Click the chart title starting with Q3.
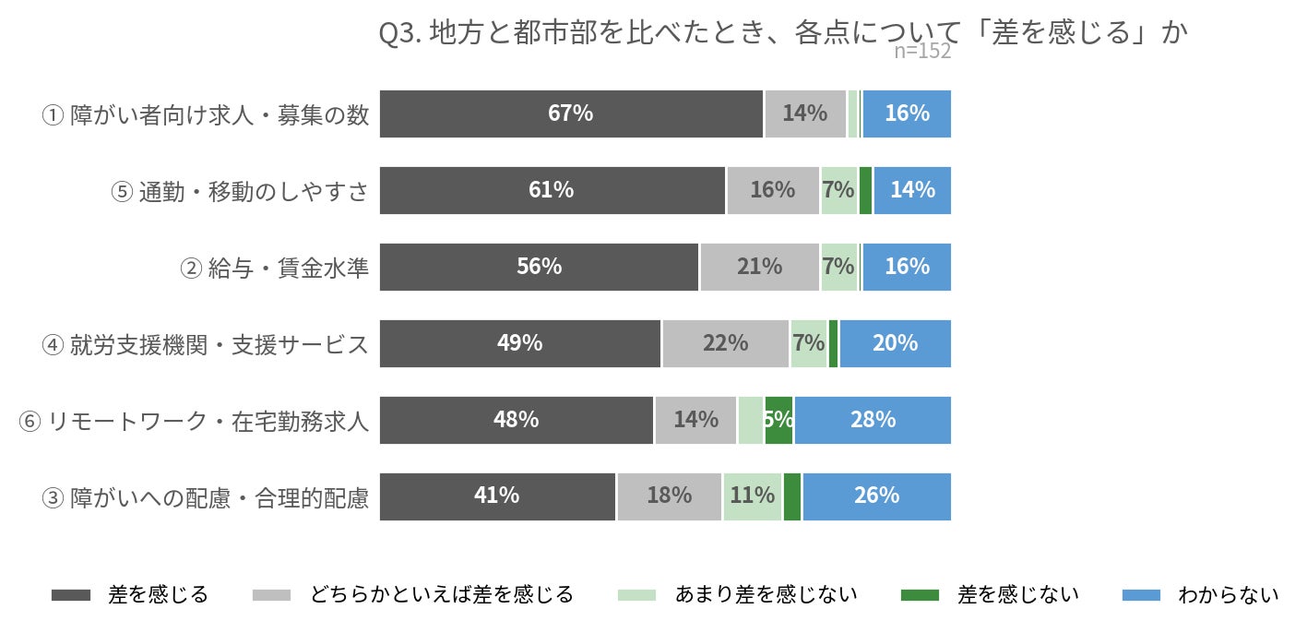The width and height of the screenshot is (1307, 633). [x=783, y=32]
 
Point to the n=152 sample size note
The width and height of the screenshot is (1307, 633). [x=921, y=52]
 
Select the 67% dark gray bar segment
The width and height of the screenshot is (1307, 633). [x=571, y=113]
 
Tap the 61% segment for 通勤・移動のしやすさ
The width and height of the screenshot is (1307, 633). [x=552, y=190]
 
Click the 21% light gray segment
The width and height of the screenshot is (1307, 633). [x=760, y=267]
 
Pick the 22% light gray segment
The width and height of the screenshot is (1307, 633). [x=725, y=343]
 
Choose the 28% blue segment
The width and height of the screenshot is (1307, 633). [x=873, y=421]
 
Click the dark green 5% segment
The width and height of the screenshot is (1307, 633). [x=779, y=421]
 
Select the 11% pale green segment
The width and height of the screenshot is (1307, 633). [x=753, y=497]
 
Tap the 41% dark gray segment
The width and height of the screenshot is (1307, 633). [x=497, y=497]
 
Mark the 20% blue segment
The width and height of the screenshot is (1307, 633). [x=896, y=343]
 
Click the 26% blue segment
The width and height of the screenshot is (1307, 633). [x=877, y=497]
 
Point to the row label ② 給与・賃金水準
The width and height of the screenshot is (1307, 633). [x=274, y=268]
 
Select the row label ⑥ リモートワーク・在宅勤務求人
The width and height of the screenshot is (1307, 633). [x=194, y=421]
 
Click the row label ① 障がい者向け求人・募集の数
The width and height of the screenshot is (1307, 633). [x=206, y=115]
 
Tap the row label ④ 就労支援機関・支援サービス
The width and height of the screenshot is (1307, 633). [x=206, y=344]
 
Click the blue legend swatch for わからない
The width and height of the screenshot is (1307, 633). [x=1141, y=595]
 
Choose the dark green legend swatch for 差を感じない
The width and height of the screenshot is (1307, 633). [x=921, y=595]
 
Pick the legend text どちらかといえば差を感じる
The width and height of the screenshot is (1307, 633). [x=442, y=594]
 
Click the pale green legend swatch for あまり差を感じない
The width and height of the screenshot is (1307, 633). [x=637, y=595]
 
